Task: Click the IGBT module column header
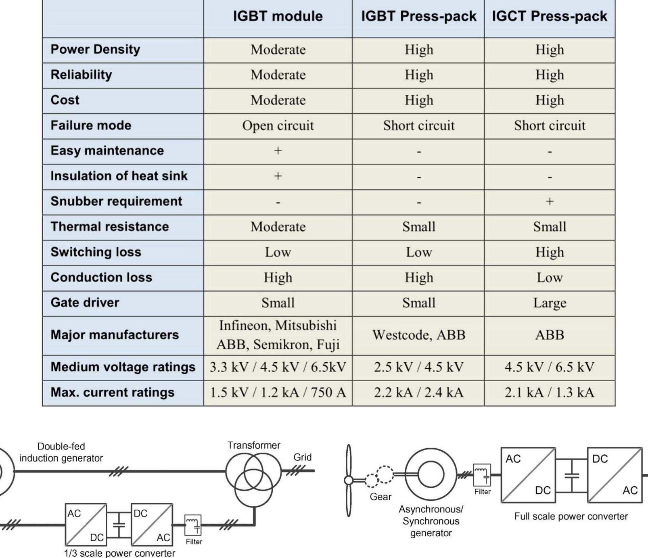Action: tap(278, 16)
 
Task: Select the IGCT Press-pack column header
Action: tap(549, 16)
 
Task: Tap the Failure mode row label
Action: tap(91, 125)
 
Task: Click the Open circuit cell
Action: tap(278, 125)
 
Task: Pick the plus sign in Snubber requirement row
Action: tap(550, 201)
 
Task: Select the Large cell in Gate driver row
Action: tap(550, 303)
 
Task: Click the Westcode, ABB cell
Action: tap(419, 335)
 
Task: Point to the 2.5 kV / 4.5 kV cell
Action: tap(419, 367)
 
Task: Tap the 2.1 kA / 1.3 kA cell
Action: tap(550, 392)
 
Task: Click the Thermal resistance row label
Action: tap(110, 226)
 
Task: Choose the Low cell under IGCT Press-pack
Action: tap(550, 278)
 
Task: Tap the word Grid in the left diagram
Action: tap(303, 457)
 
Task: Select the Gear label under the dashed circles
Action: tap(380, 497)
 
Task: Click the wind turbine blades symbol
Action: tap(348, 480)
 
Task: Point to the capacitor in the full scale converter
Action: tap(571, 475)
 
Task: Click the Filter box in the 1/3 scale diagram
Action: tap(193, 525)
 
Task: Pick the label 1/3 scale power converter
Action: tap(120, 553)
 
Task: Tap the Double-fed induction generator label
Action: tap(61, 452)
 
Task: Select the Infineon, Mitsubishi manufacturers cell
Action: tap(278, 335)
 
